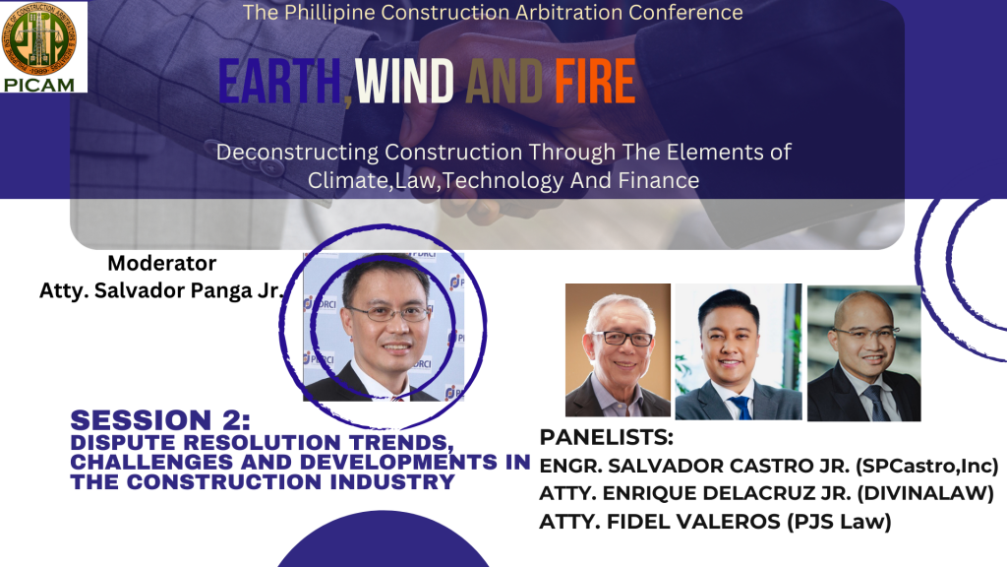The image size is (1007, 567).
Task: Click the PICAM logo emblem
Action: point(39,39)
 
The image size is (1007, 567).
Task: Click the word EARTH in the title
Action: point(279,82)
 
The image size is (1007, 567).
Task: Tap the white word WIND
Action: point(404,82)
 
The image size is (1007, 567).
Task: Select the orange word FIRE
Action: point(595,82)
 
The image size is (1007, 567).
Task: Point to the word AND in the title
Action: point(504,82)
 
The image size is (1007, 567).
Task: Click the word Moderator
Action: point(162,263)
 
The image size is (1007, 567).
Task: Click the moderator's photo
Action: point(384,327)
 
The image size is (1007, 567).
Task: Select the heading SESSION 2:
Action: point(160,420)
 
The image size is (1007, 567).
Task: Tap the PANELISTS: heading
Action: point(606,437)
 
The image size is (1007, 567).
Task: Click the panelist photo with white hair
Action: point(618,350)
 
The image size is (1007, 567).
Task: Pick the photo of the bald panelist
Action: point(863,353)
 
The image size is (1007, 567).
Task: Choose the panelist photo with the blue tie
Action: point(739,351)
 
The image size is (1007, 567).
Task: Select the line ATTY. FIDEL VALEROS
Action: point(661,522)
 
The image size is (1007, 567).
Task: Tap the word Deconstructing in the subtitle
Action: point(297,153)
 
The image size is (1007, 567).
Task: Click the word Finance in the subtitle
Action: point(658,180)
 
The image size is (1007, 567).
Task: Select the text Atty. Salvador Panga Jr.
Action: point(161,290)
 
